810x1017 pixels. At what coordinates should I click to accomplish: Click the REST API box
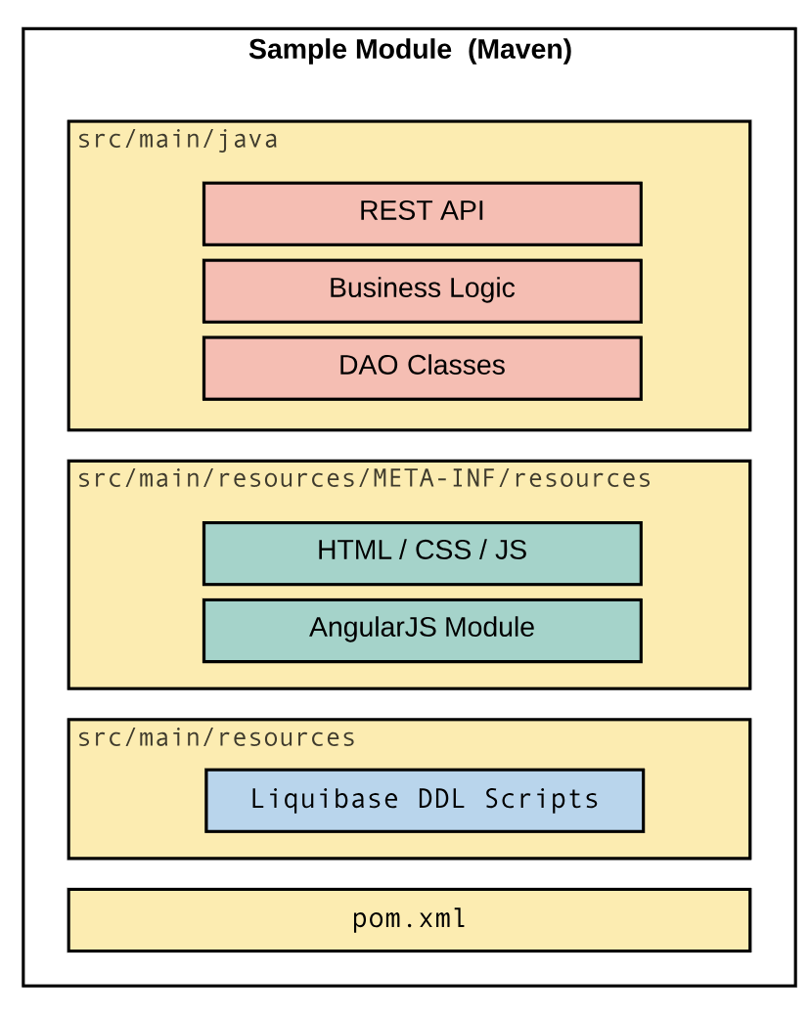pos(422,213)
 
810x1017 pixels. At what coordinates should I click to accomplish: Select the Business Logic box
pos(422,290)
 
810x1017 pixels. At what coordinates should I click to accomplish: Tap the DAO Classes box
pos(422,368)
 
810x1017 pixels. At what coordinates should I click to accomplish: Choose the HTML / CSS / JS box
pos(422,553)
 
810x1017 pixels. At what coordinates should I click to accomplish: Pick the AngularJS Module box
pos(422,630)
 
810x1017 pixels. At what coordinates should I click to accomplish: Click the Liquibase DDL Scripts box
pos(424,800)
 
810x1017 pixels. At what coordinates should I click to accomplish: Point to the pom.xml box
pos(409,919)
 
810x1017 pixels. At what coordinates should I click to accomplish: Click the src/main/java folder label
pos(177,140)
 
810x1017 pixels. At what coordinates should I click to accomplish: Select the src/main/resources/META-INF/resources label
pos(364,479)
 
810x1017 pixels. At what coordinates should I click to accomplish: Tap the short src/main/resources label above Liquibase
pos(216,738)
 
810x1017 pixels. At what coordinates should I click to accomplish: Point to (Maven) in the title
pos(519,50)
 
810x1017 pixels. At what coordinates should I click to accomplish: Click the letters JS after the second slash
pos(511,551)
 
